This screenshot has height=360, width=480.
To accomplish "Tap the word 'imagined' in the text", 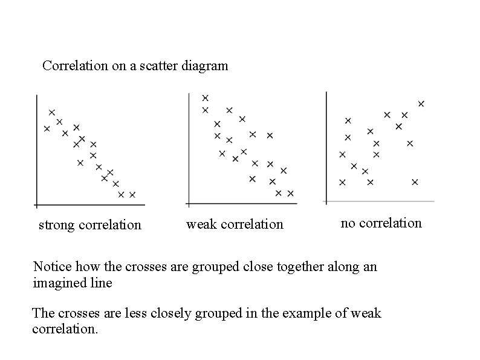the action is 57,283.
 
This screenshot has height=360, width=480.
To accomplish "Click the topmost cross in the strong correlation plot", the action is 52,112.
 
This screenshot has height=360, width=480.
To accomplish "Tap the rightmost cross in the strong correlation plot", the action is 132,194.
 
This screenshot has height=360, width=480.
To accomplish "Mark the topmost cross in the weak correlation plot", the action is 206,97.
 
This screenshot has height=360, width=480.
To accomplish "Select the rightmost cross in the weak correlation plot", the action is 290,194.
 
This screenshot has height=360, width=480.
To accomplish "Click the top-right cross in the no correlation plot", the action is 421,103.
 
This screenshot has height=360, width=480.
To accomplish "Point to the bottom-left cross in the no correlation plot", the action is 343,182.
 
